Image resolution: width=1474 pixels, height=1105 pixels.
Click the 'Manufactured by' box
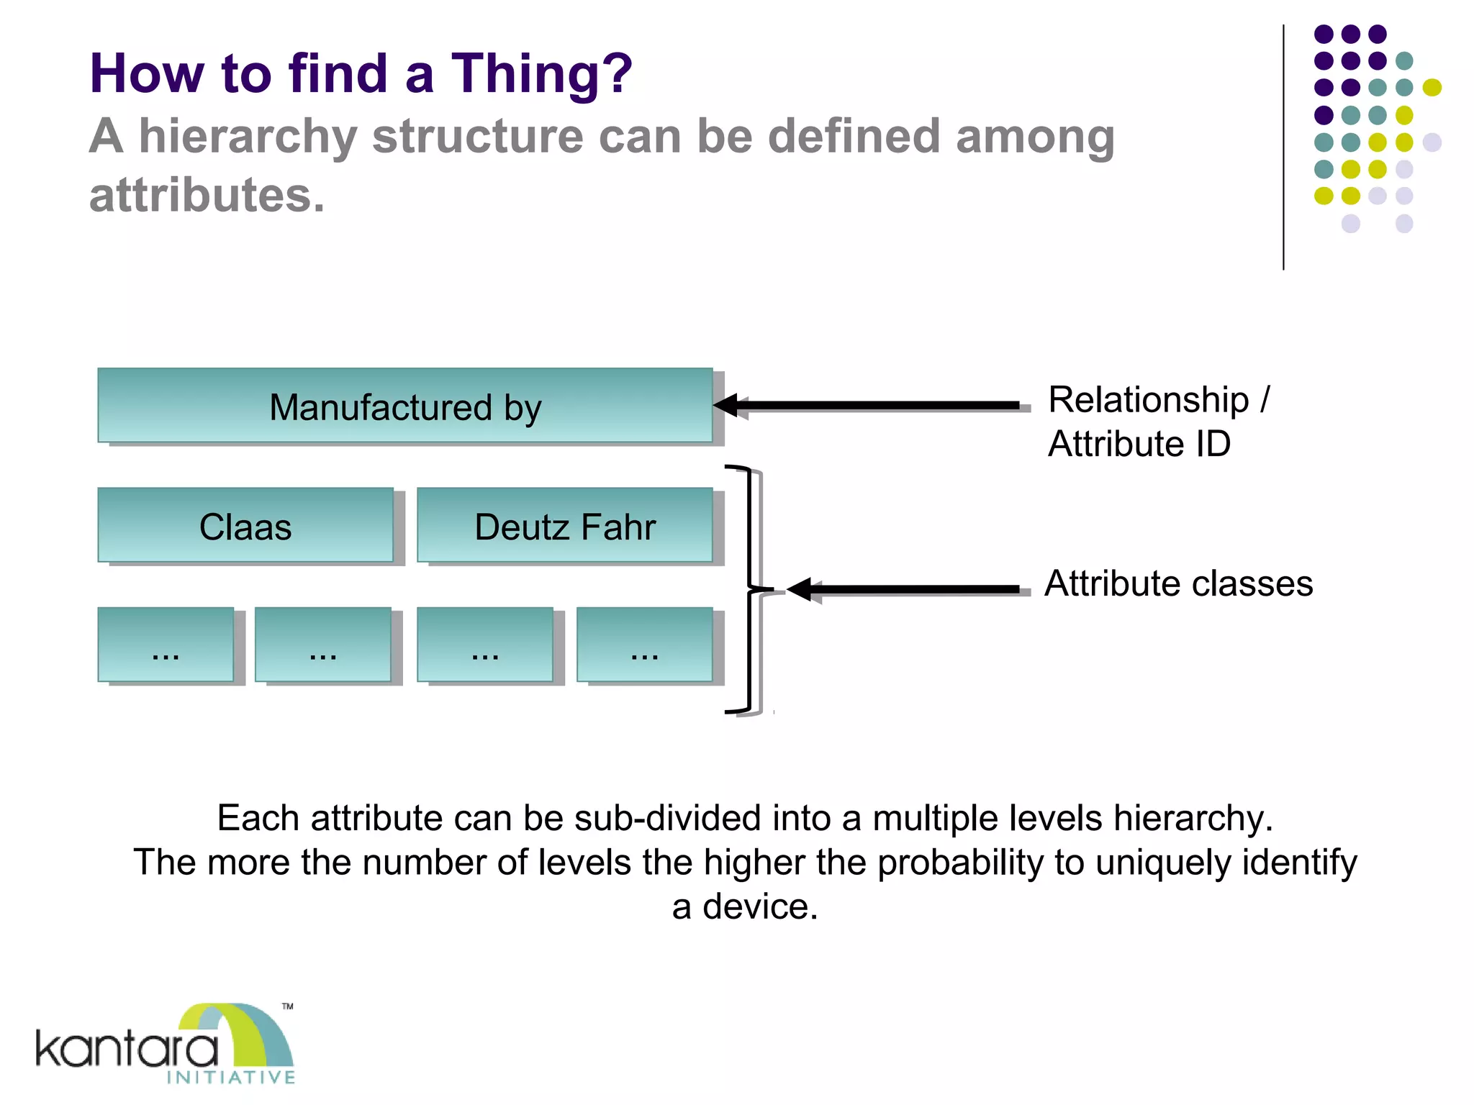click(x=404, y=406)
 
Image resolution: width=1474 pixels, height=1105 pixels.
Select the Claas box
click(x=245, y=526)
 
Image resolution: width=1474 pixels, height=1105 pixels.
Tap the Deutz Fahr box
click(x=565, y=526)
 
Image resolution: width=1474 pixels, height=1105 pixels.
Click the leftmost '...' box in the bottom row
click(x=166, y=645)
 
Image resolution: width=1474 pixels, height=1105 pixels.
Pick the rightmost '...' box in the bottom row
click(x=644, y=645)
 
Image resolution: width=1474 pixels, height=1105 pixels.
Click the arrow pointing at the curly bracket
click(x=907, y=589)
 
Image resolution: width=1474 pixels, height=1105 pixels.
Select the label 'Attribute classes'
click(x=1178, y=583)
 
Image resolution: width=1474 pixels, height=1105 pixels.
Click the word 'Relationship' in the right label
click(x=1148, y=399)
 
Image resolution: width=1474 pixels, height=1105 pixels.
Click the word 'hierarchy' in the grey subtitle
click(x=248, y=136)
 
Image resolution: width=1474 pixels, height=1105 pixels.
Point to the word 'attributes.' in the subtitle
click(x=207, y=195)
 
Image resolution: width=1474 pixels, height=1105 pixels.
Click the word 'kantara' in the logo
click(x=127, y=1050)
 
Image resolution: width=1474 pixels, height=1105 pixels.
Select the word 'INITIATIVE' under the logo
click(x=231, y=1077)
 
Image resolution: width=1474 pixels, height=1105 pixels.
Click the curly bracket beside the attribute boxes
click(x=749, y=589)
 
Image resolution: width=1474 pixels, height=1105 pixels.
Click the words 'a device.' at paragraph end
click(x=745, y=906)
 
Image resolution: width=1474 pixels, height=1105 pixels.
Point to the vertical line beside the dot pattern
click(x=1283, y=147)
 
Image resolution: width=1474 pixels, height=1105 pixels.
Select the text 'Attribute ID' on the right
click(x=1139, y=443)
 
